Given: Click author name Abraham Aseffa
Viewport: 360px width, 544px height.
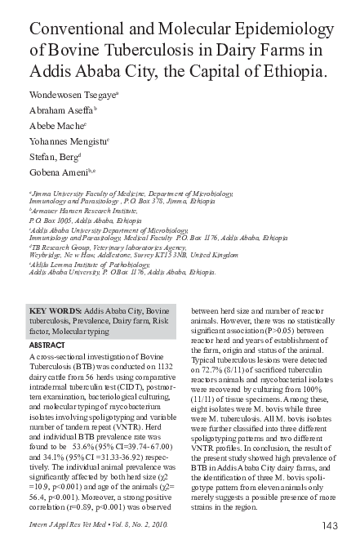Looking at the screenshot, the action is (x=61, y=110).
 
